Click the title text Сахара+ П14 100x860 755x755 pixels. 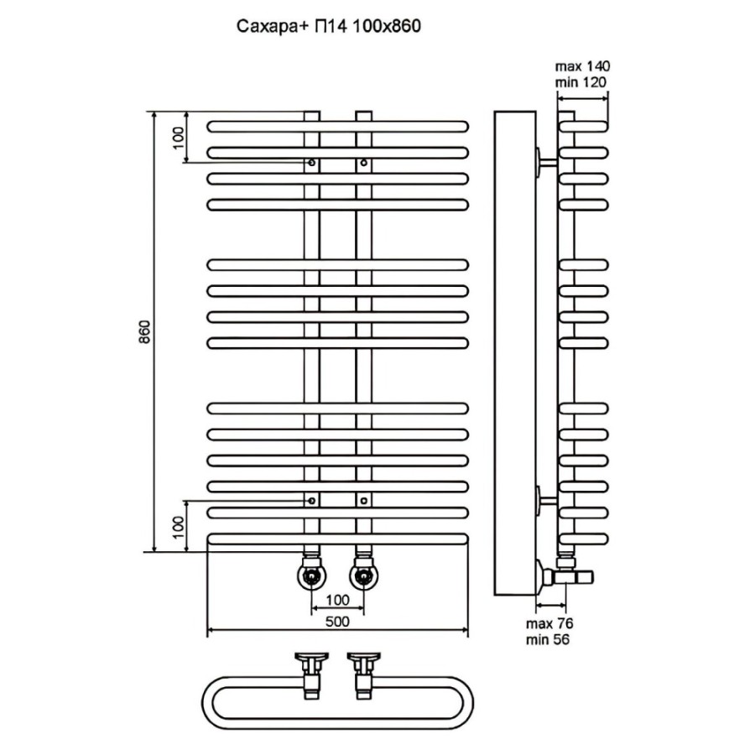click(328, 27)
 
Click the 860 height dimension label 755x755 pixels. click(145, 331)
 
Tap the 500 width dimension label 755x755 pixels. click(337, 622)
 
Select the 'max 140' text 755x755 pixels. click(582, 66)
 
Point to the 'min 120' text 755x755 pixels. click(581, 82)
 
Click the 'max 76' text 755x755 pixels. click(549, 623)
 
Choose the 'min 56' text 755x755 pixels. click(548, 639)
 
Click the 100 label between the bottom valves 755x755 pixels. click(337, 600)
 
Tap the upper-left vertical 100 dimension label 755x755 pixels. click(178, 138)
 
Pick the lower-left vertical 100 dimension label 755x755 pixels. click(178, 528)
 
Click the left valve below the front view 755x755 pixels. click(312, 572)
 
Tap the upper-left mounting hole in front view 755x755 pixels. click(312, 163)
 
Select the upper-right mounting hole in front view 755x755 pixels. click(363, 163)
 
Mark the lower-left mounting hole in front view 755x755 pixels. click(312, 501)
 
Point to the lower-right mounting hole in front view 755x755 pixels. click(363, 501)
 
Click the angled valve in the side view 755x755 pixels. click(565, 573)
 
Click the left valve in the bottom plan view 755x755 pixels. click(311, 675)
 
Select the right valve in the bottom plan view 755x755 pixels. click(364, 675)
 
